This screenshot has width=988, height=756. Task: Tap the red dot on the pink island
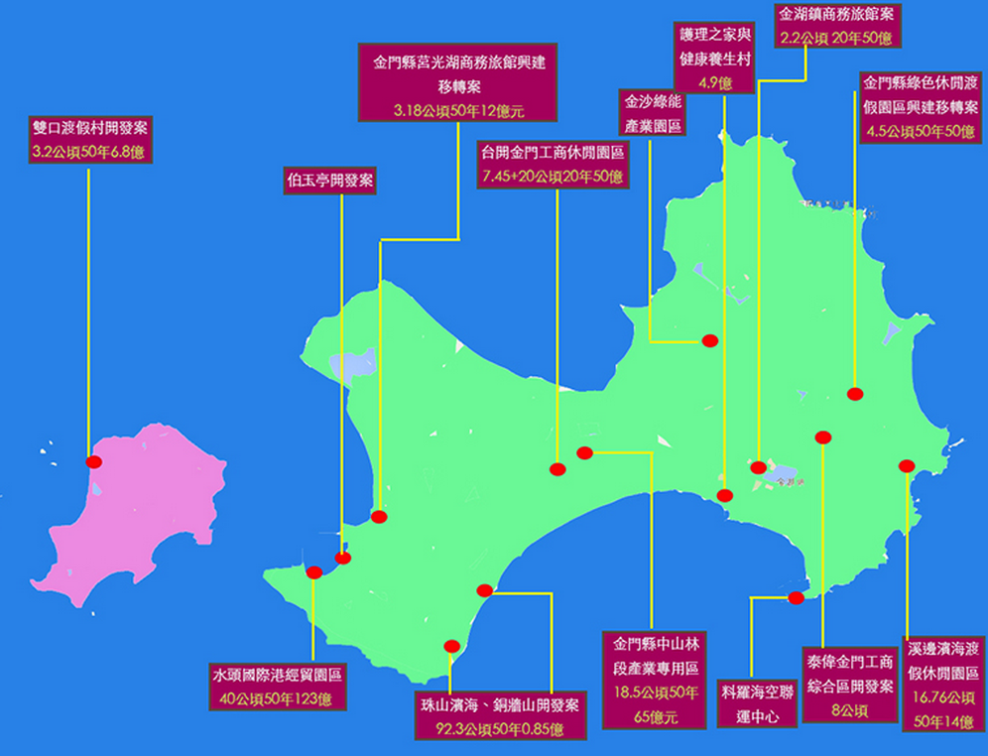point(94,462)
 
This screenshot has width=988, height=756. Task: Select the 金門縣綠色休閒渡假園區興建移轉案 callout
point(922,106)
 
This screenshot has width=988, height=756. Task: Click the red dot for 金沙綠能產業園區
point(709,340)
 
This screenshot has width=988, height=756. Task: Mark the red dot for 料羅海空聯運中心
point(796,597)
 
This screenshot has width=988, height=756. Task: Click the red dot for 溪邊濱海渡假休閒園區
point(906,465)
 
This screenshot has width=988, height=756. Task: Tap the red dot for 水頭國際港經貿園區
point(314,572)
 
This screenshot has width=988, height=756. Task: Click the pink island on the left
point(149,506)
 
